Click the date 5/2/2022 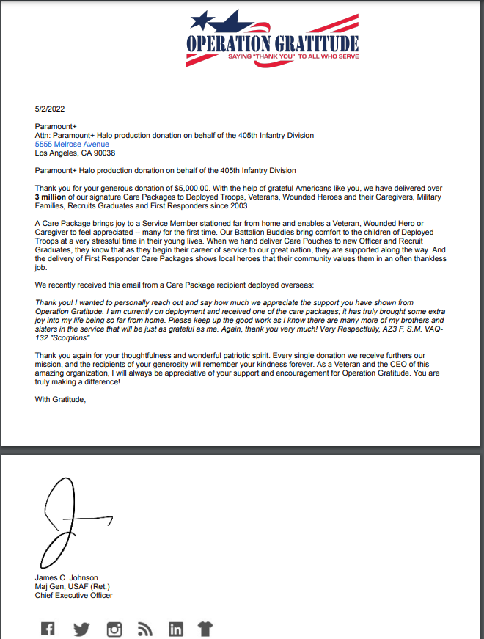pyautogui.click(x=50, y=109)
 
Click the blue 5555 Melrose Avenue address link pyautogui.click(x=72, y=145)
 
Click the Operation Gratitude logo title pyautogui.click(x=272, y=43)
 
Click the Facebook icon pyautogui.click(x=48, y=629)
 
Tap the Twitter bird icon pyautogui.click(x=81, y=629)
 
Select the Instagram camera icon pyautogui.click(x=114, y=629)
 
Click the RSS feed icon pyautogui.click(x=144, y=629)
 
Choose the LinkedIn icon pyautogui.click(x=175, y=629)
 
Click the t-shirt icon pyautogui.click(x=206, y=629)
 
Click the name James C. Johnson pyautogui.click(x=66, y=577)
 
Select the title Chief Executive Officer pyautogui.click(x=74, y=595)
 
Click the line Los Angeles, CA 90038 pyautogui.click(x=75, y=153)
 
